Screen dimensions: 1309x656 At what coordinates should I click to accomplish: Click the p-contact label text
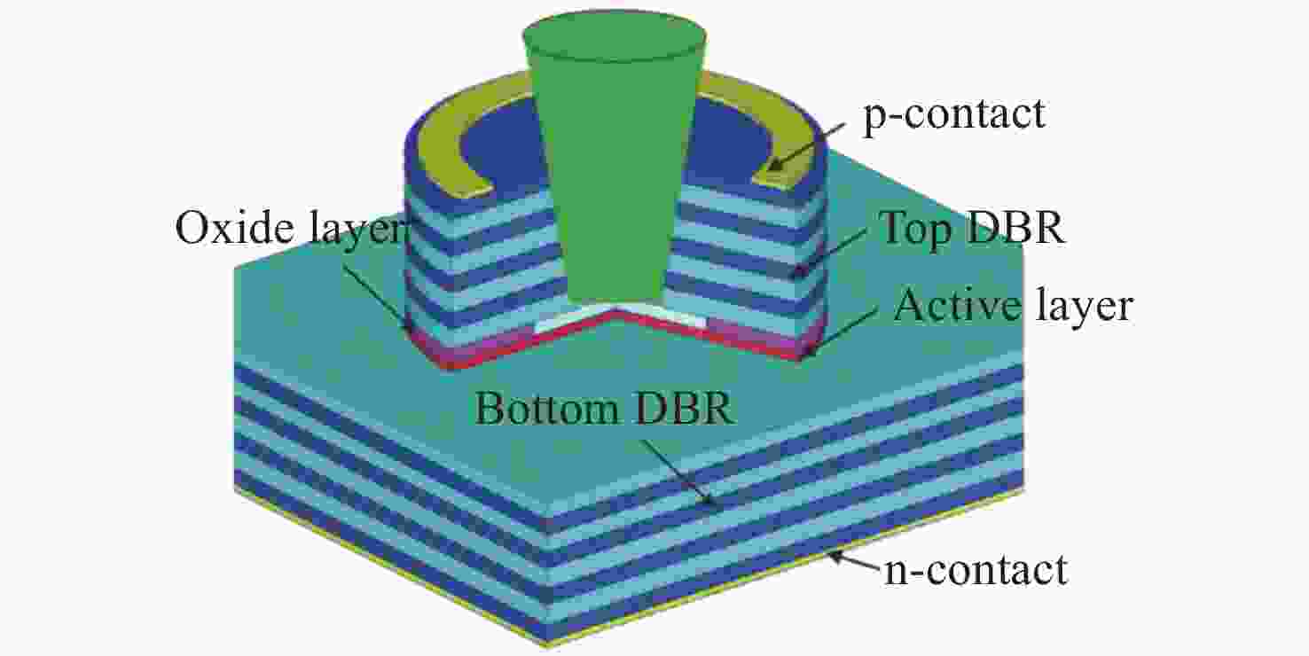tap(954, 113)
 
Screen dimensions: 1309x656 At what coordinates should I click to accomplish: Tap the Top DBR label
tap(972, 228)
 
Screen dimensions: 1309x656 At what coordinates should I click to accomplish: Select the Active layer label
tap(1014, 307)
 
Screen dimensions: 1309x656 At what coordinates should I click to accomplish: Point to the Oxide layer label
tap(289, 228)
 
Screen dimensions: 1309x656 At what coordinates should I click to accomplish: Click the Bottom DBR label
tap(604, 409)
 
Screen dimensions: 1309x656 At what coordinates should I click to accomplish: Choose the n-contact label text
tap(976, 569)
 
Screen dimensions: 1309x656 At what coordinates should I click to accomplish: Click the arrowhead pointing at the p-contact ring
tap(774, 164)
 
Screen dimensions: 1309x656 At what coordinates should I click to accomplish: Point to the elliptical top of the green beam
tap(615, 35)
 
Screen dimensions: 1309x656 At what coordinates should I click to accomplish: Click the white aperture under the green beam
tap(619, 317)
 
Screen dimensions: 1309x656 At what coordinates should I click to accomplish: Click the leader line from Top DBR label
tap(830, 252)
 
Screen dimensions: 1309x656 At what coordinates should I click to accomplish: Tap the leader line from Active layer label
tap(842, 331)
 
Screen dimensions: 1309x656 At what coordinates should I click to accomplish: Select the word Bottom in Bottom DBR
tap(545, 409)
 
